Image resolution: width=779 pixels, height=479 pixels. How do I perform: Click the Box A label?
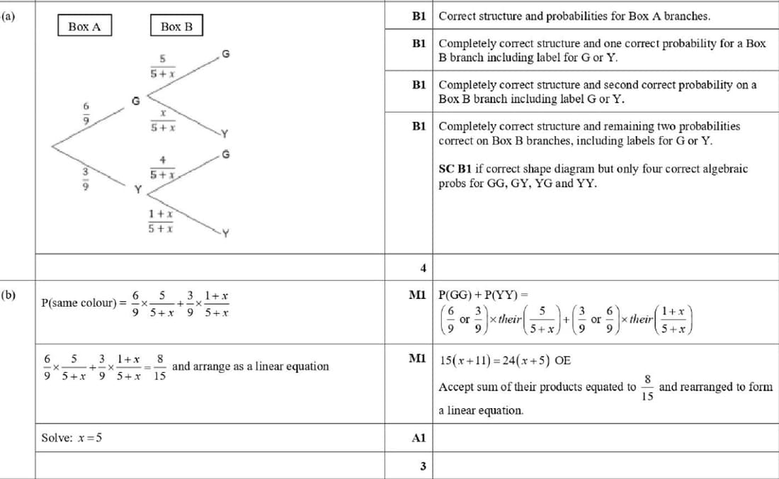84,26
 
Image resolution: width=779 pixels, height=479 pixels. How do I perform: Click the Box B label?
176,26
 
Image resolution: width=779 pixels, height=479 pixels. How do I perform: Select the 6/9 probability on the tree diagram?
87,113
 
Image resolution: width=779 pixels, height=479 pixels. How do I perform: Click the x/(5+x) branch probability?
162,120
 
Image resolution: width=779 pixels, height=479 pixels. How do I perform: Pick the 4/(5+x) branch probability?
162,167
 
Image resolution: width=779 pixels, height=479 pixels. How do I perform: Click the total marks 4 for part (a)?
423,268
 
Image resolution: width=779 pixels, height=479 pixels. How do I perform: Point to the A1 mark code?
418,438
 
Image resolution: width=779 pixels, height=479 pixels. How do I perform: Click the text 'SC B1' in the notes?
454,169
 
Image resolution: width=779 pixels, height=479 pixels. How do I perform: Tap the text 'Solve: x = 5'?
72,437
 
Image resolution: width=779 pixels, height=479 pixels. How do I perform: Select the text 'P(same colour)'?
79,303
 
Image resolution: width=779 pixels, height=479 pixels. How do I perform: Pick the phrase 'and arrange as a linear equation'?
251,366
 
